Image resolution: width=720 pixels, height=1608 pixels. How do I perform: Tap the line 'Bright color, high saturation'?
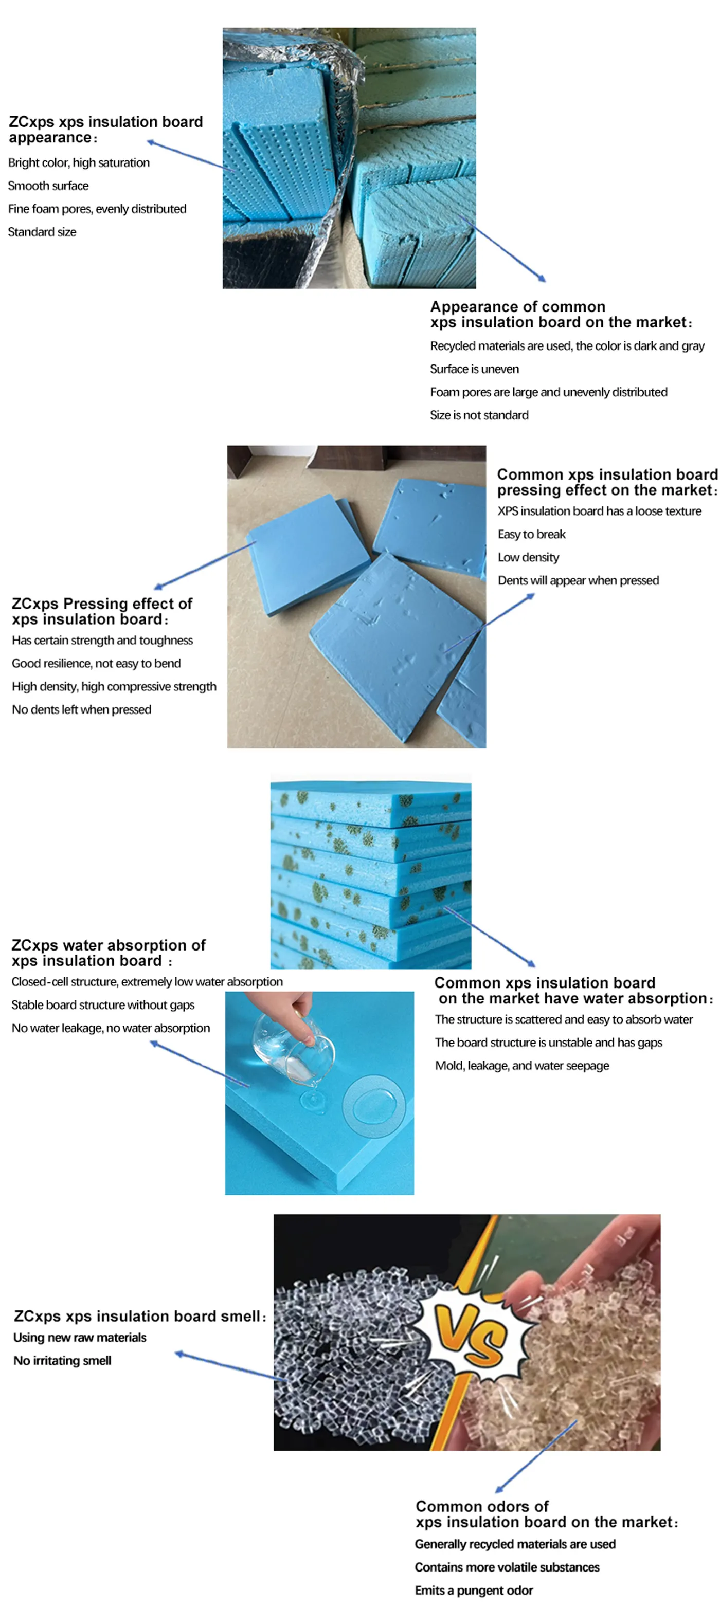(x=79, y=162)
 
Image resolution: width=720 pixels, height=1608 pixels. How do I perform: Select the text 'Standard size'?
(x=42, y=231)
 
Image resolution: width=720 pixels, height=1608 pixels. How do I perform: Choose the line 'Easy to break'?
(x=531, y=534)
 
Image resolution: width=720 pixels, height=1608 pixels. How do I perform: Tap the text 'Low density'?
(x=528, y=557)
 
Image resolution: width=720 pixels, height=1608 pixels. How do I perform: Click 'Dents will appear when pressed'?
(x=578, y=580)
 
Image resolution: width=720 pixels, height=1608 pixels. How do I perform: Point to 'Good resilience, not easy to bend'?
(x=96, y=663)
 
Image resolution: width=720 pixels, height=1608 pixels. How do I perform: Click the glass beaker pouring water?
(x=294, y=1049)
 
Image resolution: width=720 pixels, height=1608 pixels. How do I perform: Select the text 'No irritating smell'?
(x=62, y=1360)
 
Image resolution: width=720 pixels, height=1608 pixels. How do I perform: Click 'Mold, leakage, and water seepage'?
(x=522, y=1065)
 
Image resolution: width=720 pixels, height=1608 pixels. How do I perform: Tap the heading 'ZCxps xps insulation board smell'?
(x=139, y=1316)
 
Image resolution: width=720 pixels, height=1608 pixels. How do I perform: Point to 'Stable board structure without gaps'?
(x=103, y=1004)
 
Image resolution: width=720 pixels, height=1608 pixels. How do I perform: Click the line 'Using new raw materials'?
(x=80, y=1337)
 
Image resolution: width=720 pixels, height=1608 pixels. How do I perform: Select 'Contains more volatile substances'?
(x=507, y=1567)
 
